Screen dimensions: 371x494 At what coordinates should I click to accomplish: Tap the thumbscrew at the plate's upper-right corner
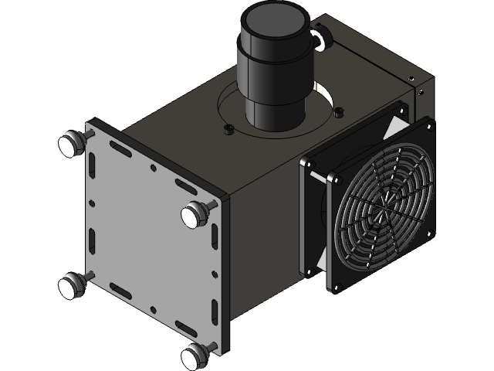[x=193, y=213]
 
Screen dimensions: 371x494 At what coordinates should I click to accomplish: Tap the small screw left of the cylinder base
[x=227, y=129]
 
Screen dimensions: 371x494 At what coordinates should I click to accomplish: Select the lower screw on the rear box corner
[x=420, y=90]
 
